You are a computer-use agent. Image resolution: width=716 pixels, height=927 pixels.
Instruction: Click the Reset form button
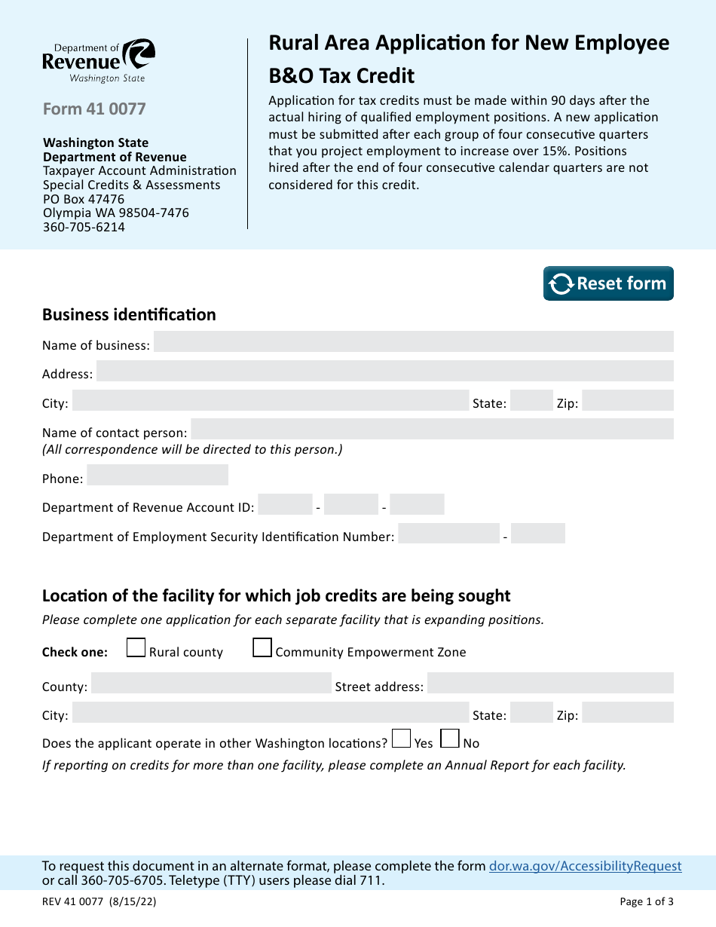click(608, 283)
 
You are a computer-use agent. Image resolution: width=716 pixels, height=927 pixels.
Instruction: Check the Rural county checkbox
click(136, 648)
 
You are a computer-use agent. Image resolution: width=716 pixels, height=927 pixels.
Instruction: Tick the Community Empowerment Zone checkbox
click(262, 648)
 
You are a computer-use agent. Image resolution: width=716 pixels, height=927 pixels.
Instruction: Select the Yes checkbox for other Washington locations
click(402, 739)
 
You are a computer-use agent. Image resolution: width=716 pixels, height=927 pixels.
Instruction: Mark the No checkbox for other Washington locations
click(450, 739)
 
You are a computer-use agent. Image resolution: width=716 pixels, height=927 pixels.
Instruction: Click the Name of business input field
click(413, 341)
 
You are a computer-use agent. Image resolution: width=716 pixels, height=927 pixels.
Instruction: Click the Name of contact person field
click(432, 430)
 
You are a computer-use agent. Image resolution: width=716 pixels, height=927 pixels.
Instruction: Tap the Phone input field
click(158, 476)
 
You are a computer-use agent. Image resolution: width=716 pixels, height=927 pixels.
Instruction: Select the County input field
click(211, 684)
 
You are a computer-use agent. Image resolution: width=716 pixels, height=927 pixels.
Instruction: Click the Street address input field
click(550, 684)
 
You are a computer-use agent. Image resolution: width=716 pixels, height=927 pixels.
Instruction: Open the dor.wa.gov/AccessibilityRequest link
click(585, 867)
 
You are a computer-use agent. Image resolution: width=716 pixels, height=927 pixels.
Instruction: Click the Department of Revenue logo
click(99, 61)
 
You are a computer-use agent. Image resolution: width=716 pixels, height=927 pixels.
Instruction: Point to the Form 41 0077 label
click(94, 109)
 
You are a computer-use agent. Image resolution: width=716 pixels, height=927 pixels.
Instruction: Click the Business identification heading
click(129, 315)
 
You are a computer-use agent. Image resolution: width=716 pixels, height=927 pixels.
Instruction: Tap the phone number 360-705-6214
click(84, 227)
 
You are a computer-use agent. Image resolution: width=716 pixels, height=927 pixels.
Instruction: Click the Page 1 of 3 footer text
click(647, 901)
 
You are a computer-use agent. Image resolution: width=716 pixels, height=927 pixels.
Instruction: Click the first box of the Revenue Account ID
click(285, 504)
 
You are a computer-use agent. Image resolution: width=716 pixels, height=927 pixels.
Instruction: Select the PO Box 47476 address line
click(84, 199)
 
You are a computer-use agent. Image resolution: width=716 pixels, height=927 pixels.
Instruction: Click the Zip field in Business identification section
click(627, 400)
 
